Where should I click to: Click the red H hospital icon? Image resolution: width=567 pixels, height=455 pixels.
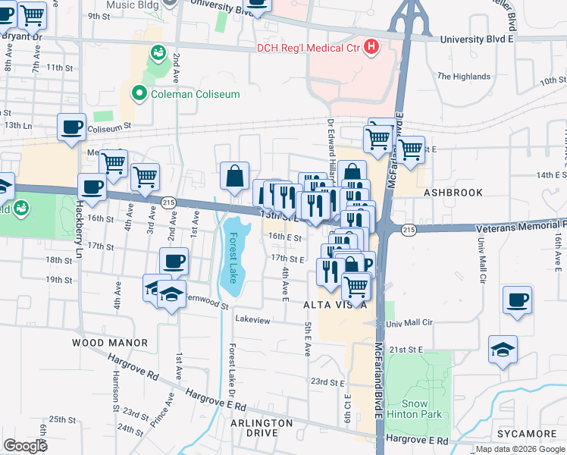pos(371,47)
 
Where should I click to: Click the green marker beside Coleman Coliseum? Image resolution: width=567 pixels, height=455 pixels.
pos(139,94)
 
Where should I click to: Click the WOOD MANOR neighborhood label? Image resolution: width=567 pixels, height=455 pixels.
pos(110,343)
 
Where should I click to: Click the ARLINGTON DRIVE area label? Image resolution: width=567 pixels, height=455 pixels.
pos(262,428)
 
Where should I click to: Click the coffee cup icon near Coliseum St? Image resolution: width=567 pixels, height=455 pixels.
pos(72,127)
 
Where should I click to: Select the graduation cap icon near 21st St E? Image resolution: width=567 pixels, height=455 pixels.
pos(503,350)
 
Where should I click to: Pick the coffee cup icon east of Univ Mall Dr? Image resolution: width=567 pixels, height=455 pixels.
pos(517,300)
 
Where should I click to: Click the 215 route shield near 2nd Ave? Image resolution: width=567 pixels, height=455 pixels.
pos(168,202)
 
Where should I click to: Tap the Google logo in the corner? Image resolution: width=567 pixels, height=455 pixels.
pos(25,445)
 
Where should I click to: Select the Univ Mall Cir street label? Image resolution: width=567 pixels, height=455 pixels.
pos(409,322)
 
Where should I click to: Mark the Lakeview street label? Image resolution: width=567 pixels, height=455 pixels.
pos(252,320)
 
